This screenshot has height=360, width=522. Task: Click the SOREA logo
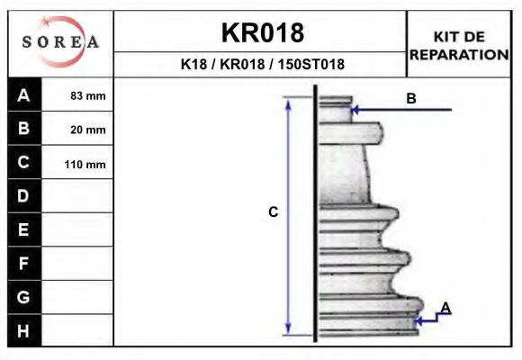pos(60,43)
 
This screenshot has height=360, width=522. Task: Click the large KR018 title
pos(262,33)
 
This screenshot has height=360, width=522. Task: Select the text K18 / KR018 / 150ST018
pos(262,65)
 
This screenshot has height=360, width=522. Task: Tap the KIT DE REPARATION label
pos(459,45)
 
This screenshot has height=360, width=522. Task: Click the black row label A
pos(24,95)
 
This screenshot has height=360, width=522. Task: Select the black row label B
pos(24,129)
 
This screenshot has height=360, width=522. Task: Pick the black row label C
pos(24,163)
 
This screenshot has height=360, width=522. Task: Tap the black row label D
pos(24,196)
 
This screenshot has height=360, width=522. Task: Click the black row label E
pos(24,229)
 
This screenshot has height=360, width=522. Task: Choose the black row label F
pos(24,264)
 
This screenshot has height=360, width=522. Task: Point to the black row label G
pos(24,297)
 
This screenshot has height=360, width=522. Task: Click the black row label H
pos(24,330)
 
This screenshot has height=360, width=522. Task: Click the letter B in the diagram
pos(410,99)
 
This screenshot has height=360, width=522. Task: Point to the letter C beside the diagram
pos(273,212)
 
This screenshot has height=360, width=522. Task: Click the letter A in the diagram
pos(445,309)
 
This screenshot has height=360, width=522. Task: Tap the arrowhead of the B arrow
pos(355,110)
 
